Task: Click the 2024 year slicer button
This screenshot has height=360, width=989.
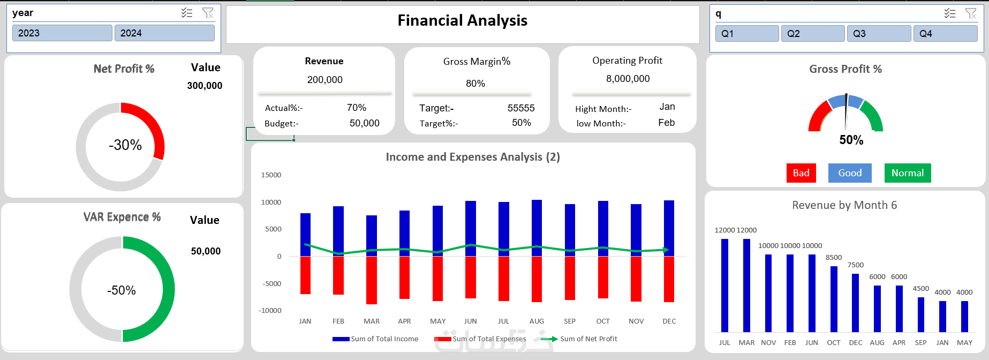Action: pos(164,33)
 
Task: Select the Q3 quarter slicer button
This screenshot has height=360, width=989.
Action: pos(878,34)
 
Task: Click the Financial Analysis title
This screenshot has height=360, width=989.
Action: pos(462,21)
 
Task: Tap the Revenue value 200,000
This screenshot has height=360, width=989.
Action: pos(324,80)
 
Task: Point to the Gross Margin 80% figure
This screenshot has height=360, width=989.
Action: pos(475,84)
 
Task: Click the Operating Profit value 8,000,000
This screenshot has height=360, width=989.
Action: pos(628,79)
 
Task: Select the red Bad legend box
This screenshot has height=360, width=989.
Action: pos(801,173)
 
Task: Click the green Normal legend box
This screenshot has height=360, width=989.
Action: pos(907,173)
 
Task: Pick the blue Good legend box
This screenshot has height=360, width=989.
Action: pos(850,173)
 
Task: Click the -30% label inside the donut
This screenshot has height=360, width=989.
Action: pos(125,145)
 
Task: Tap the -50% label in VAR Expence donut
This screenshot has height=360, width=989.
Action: pos(122,290)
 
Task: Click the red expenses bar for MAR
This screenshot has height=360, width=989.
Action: pos(372,280)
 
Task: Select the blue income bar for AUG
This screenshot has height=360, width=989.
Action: pos(537,228)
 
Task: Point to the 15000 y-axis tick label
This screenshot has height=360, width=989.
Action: pos(271,175)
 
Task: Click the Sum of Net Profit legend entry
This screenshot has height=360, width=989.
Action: pos(588,339)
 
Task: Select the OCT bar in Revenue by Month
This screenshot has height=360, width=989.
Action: pos(834,299)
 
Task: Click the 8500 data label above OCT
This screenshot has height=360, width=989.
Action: pos(834,258)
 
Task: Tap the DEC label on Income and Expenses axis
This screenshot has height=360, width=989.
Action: pos(669,321)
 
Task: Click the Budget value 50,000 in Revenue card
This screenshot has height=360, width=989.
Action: pos(364,123)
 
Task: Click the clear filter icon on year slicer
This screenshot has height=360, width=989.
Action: pos(208,13)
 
